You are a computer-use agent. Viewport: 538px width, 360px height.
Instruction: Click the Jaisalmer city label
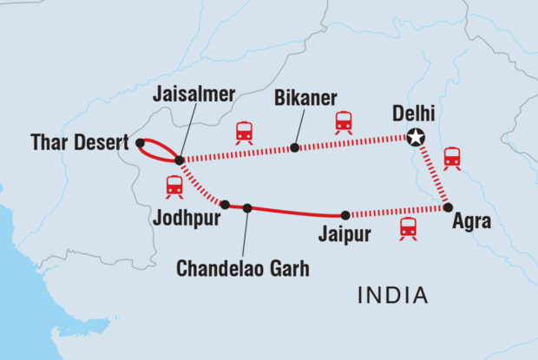coord(194,96)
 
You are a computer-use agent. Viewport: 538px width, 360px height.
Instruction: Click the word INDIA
coord(393,296)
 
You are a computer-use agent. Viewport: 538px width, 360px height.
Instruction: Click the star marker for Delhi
coord(417,137)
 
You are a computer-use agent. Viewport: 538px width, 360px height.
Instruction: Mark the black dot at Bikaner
coord(295,147)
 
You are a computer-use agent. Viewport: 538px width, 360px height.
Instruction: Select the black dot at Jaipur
coord(344,215)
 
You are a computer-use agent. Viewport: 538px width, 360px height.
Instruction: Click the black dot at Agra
coord(448,207)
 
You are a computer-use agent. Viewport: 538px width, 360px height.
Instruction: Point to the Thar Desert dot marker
coord(140,142)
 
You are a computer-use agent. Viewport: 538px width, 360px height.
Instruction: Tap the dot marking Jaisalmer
coord(179,160)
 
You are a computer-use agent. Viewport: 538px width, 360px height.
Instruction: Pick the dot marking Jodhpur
coord(225,205)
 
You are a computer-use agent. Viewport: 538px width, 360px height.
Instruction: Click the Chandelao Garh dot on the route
coord(247,208)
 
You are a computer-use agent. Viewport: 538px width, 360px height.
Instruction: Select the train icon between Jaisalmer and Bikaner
coord(245,132)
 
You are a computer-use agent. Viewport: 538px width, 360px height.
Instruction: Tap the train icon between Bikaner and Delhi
coord(344,122)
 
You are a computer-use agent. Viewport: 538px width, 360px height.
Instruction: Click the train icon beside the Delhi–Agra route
coord(452,158)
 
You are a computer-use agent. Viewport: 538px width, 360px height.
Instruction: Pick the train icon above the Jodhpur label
coord(174,187)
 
